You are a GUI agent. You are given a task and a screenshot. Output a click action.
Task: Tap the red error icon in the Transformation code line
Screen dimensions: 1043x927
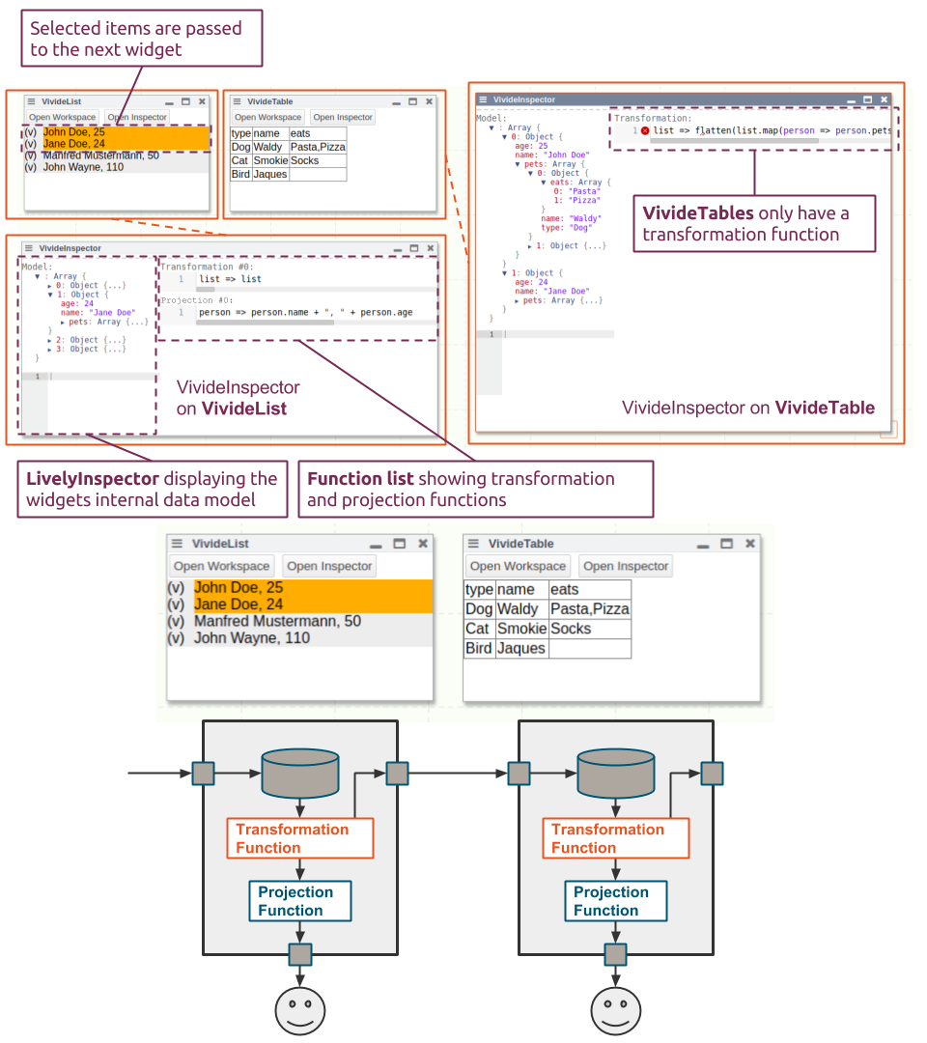[645, 130]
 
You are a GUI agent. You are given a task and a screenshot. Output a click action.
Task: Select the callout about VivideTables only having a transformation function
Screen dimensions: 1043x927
[754, 224]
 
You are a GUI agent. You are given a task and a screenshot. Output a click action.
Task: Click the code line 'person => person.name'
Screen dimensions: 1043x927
[305, 313]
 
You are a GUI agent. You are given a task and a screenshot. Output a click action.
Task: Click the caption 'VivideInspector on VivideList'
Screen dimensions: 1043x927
[239, 398]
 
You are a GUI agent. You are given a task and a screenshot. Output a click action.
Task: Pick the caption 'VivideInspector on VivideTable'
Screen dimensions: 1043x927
[748, 408]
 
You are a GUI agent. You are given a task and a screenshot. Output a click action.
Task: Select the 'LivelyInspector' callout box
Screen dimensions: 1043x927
[152, 489]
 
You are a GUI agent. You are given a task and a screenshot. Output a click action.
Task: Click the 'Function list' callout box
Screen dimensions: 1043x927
[475, 489]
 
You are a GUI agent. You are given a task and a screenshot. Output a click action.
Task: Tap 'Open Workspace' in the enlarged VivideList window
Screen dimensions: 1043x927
[221, 566]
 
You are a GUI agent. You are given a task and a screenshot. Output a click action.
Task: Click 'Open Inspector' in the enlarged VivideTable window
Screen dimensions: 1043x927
[626, 566]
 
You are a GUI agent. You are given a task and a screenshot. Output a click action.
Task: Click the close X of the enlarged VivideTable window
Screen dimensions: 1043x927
[750, 544]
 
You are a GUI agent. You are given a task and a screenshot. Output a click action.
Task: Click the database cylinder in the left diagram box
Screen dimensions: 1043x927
[300, 773]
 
